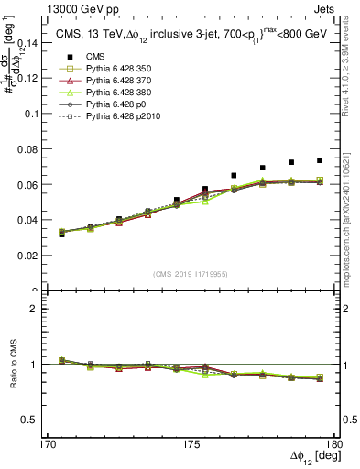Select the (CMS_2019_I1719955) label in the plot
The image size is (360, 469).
pyautogui.click(x=190, y=273)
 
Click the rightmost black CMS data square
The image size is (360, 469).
pyautogui.click(x=320, y=160)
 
